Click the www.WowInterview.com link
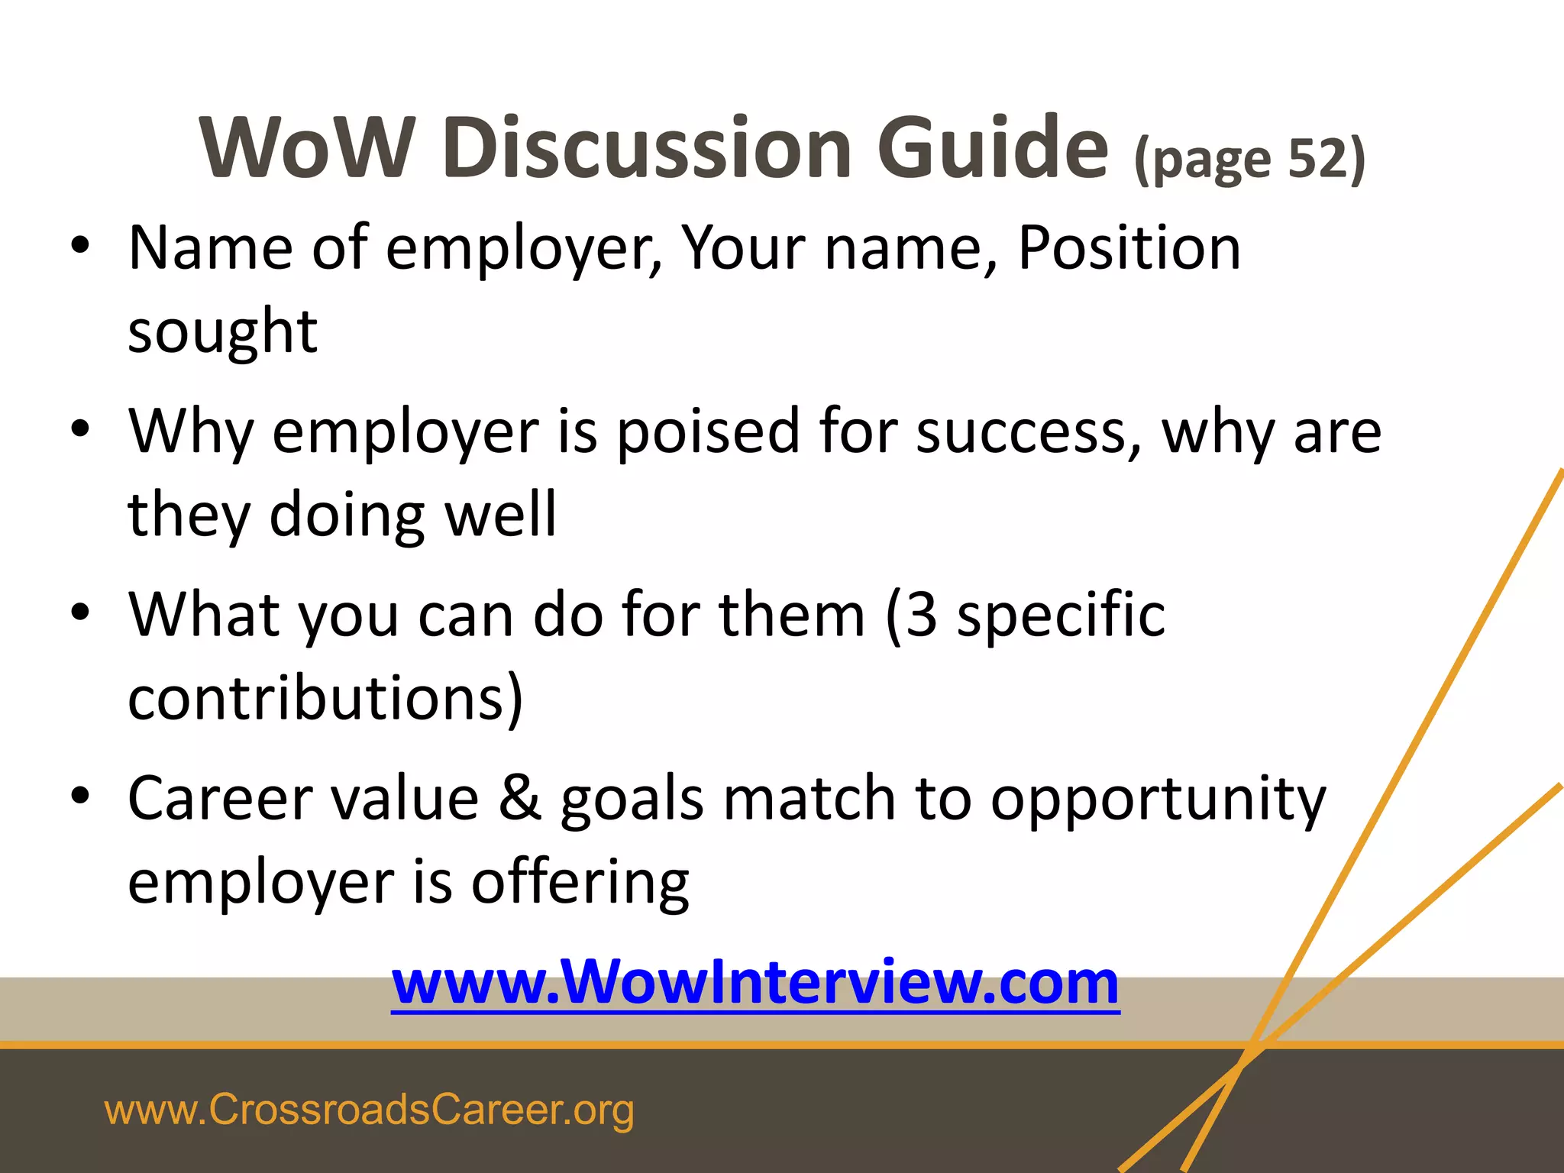tap(755, 983)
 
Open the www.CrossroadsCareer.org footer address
tap(369, 1110)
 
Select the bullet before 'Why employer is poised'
tap(80, 429)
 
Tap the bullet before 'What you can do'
tap(80, 612)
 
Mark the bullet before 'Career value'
tap(80, 796)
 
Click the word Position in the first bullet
tap(1129, 247)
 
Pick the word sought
tap(222, 332)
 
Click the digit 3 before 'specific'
tap(922, 615)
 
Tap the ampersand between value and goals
tap(519, 799)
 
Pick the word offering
tap(580, 883)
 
